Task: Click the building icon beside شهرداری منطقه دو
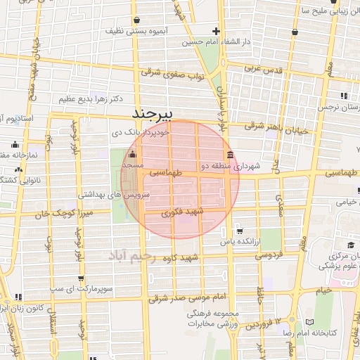tap(230, 155)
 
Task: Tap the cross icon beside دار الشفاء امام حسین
tap(217, 31)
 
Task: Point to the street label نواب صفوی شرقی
tap(173, 74)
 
